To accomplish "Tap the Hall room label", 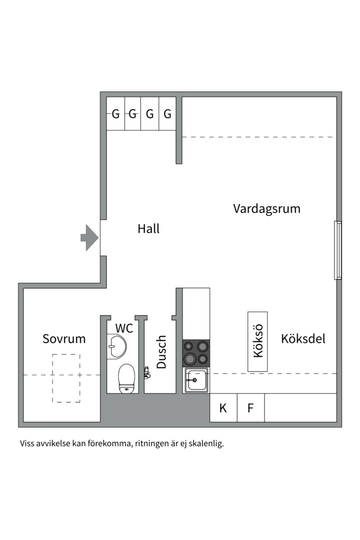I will coord(148,229).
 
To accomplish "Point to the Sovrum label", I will coord(64,339).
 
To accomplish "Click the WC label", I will coord(124,328).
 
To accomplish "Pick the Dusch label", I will coord(161,352).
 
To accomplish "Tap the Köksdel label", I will coord(303,339).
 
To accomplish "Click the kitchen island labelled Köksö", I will coord(258,341).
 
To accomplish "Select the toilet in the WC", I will coord(126,378).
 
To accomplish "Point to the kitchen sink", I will coord(196,381).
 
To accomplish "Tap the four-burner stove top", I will coord(196,352).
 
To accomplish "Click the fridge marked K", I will coord(223,408).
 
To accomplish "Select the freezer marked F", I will coord(250,408).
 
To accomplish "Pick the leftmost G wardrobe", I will coord(115,114).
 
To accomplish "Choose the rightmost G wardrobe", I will coord(167,114).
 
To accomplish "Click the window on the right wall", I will coord(338,250).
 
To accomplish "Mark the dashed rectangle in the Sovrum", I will coord(66,378).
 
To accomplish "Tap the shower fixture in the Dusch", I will coord(146,372).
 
